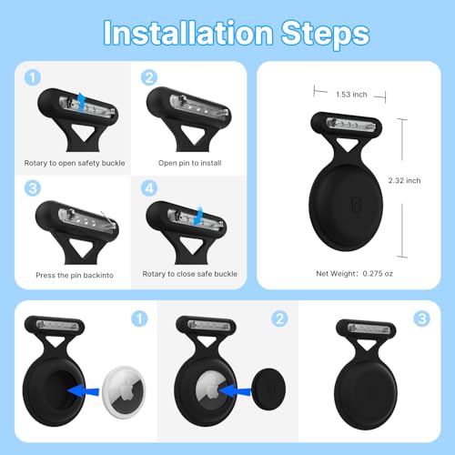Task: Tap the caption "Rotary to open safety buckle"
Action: point(75,164)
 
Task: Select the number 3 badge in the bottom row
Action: point(421,318)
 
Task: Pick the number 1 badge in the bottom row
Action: point(138,318)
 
